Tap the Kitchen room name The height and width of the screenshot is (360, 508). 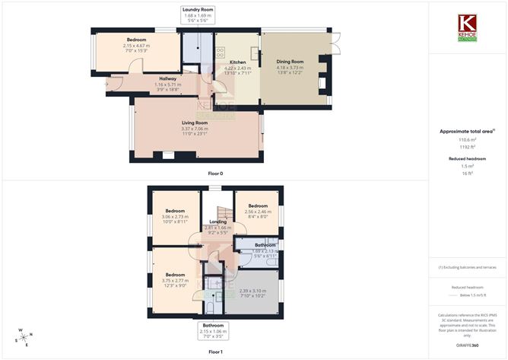[237, 62]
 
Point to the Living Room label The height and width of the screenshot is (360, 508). [195, 123]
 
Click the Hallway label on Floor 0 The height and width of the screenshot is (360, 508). [166, 78]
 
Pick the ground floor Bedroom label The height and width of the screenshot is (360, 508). [137, 40]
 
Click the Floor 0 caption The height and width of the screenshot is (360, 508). [215, 174]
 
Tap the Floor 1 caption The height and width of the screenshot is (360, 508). [215, 352]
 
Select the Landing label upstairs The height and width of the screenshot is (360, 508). [218, 221]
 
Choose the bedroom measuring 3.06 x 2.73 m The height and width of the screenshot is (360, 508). [173, 211]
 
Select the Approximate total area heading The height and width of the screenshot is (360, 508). [467, 131]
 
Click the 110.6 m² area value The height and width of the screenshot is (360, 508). [467, 140]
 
